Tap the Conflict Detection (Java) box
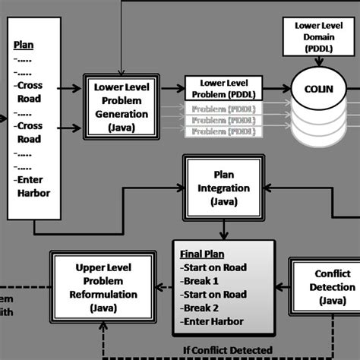[x=324, y=286]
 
